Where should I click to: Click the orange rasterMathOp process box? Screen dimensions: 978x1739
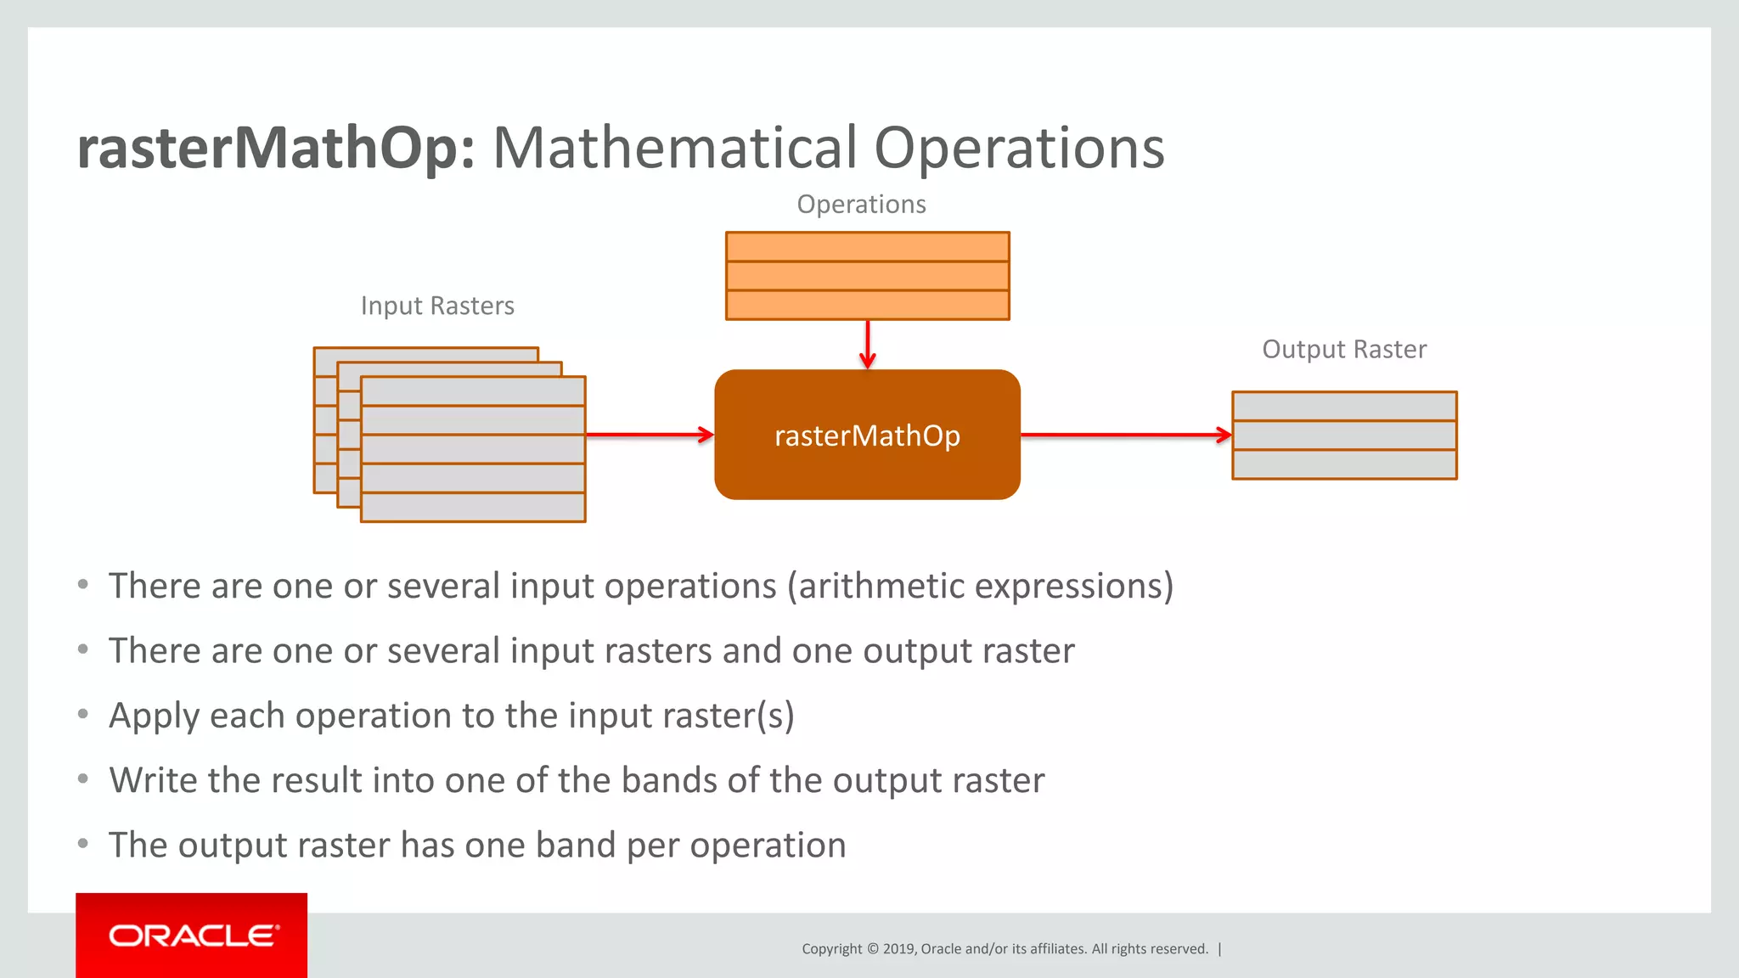pyautogui.click(x=867, y=435)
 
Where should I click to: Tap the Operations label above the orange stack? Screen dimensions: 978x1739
pyautogui.click(x=861, y=205)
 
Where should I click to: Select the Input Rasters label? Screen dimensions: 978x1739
pyautogui.click(x=437, y=306)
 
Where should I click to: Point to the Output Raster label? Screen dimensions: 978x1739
pyautogui.click(x=1344, y=350)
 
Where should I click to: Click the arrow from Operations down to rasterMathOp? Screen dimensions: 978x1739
pyautogui.click(x=867, y=344)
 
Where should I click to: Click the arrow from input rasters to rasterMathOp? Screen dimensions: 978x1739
pyautogui.click(x=650, y=435)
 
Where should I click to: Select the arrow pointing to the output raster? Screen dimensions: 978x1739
pyautogui.click(x=1125, y=435)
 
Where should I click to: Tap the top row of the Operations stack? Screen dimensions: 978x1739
pyautogui.click(x=867, y=247)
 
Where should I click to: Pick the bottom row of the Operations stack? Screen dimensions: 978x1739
pyautogui.click(x=867, y=305)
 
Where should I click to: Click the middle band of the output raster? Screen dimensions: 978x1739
pyautogui.click(x=1344, y=436)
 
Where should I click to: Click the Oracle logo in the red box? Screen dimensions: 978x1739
pyautogui.click(x=193, y=936)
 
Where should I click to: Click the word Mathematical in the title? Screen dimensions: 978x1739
pyautogui.click(x=675, y=149)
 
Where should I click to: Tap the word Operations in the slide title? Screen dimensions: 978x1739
pyautogui.click(x=1019, y=149)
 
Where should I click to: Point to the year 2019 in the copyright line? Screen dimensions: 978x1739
pyautogui.click(x=899, y=949)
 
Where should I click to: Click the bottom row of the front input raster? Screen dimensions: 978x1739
pyautogui.click(x=473, y=508)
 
